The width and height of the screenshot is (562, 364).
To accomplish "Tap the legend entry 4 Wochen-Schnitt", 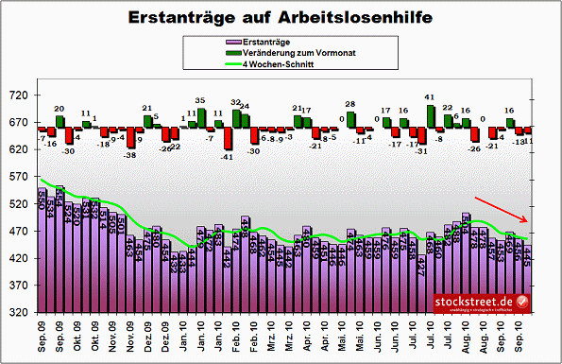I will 274,64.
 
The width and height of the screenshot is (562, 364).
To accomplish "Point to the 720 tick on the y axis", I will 20,96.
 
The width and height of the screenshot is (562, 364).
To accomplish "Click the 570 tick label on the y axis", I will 20,177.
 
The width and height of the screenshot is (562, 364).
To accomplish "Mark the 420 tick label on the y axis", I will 20,258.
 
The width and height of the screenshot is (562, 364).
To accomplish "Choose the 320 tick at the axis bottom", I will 20,312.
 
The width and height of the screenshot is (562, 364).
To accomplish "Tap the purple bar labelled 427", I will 421,283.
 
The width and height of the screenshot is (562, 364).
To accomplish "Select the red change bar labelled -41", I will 228,139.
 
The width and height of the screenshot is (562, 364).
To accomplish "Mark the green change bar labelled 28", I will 350,121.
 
